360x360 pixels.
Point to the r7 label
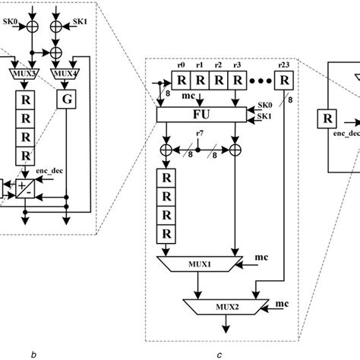199,134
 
